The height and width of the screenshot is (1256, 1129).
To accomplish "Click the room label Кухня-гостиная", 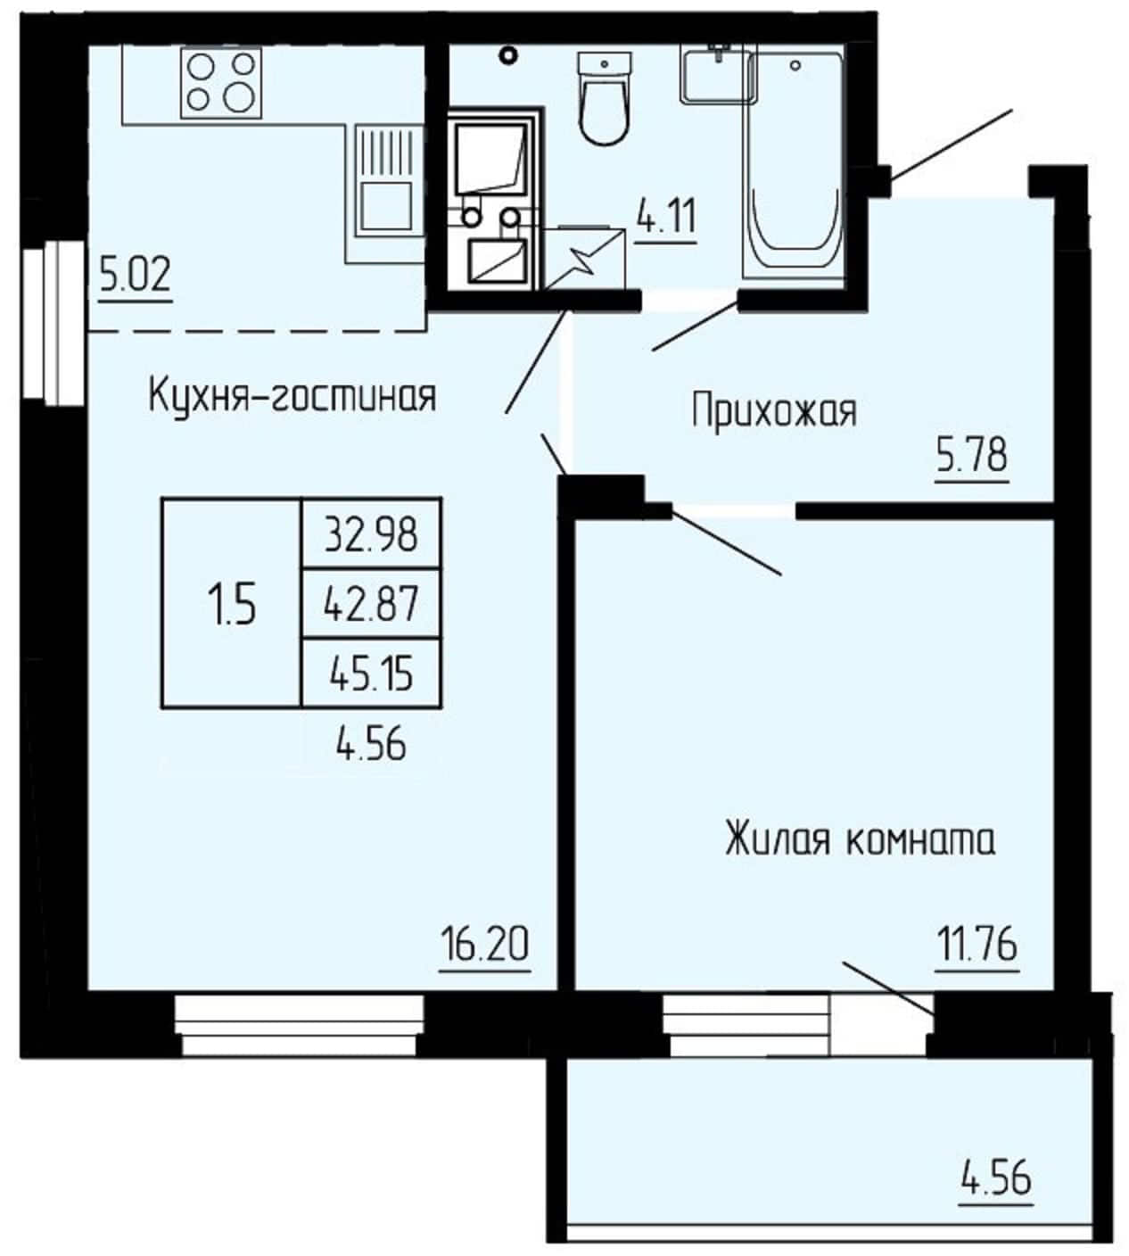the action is tap(292, 396).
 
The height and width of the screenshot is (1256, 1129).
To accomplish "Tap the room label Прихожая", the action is tap(774, 411).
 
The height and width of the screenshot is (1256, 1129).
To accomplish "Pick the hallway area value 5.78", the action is tap(972, 455).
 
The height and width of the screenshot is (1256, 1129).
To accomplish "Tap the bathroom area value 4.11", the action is tap(666, 217).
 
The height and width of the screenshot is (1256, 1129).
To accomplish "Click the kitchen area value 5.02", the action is tap(136, 276).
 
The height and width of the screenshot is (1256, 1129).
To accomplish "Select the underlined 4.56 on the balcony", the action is tap(996, 1177).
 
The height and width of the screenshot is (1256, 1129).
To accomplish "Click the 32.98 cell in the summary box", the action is tap(371, 534).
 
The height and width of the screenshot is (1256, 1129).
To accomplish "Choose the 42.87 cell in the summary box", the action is tap(371, 604).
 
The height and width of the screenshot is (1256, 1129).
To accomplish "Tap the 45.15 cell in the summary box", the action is tap(371, 673).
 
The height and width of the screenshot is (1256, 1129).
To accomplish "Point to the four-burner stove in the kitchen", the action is tap(221, 83).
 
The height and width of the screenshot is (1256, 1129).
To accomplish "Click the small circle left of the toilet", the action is tap(508, 55).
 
